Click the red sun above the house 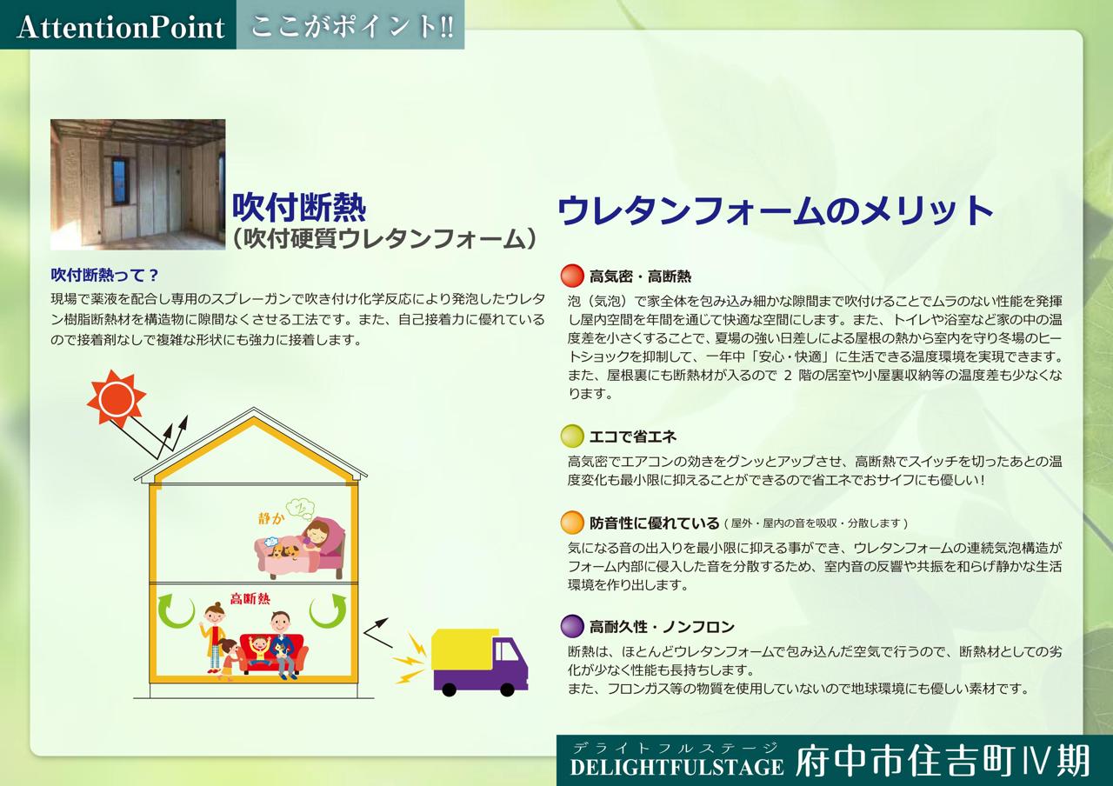click(117, 398)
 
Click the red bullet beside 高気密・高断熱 click(572, 276)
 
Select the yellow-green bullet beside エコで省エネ click(572, 436)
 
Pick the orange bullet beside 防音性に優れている click(572, 523)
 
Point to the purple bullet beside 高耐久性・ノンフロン click(572, 626)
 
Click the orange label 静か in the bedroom click(271, 519)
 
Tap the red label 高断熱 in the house click(250, 599)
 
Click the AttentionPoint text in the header click(121, 27)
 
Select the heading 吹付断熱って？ click(104, 275)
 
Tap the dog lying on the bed click(284, 551)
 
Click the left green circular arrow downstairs click(176, 610)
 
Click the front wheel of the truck click(507, 689)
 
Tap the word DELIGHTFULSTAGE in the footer click(676, 767)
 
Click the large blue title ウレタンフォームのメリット click(775, 210)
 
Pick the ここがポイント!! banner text click(352, 26)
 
